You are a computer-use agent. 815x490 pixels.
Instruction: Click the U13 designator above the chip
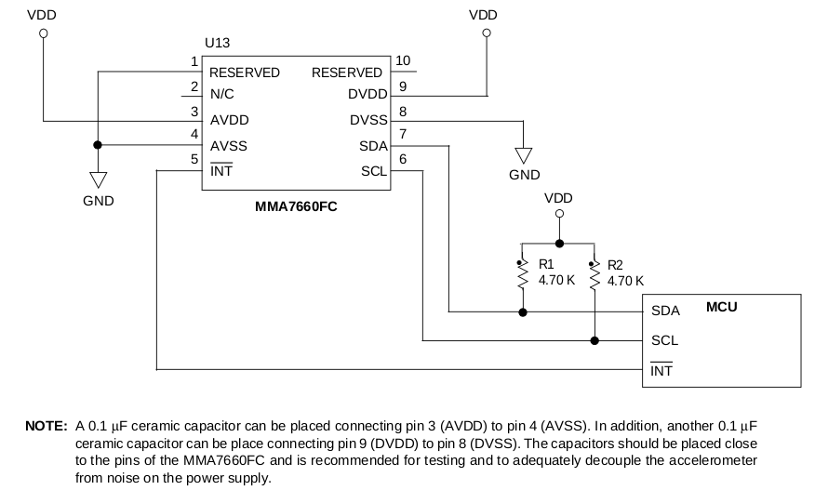[x=217, y=44]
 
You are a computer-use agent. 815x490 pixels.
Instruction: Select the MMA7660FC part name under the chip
[x=297, y=206]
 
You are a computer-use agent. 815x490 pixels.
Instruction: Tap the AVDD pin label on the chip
[x=229, y=120]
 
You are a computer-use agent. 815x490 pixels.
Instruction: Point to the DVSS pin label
[x=368, y=120]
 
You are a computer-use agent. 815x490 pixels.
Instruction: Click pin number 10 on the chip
[x=403, y=61]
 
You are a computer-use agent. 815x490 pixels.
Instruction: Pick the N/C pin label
[x=222, y=94]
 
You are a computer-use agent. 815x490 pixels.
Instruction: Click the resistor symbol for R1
[x=523, y=274]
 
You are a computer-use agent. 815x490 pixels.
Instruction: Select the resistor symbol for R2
[x=594, y=274]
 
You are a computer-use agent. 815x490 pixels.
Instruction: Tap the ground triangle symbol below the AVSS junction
[x=97, y=179]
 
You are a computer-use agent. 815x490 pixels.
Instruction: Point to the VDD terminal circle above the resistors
[x=559, y=214]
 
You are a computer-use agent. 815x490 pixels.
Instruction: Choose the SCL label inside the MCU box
[x=664, y=340]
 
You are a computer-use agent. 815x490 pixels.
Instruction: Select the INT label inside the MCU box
[x=661, y=371]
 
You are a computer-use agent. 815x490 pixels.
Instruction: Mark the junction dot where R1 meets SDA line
[x=523, y=312]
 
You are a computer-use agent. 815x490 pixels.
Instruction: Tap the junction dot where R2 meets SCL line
[x=594, y=340]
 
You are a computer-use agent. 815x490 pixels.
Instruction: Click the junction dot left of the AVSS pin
[x=97, y=145]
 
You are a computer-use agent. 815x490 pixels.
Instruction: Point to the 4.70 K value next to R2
[x=625, y=280]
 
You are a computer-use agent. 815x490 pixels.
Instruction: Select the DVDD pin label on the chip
[x=367, y=94]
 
